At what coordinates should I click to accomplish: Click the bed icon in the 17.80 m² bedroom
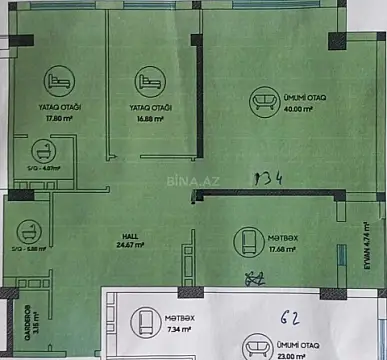[x=53, y=79]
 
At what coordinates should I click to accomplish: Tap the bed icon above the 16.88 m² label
[x=149, y=79]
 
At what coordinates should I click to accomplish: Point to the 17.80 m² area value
[x=61, y=118]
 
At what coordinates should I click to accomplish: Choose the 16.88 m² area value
[x=152, y=118]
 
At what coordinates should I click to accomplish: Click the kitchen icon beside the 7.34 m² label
[x=143, y=323]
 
